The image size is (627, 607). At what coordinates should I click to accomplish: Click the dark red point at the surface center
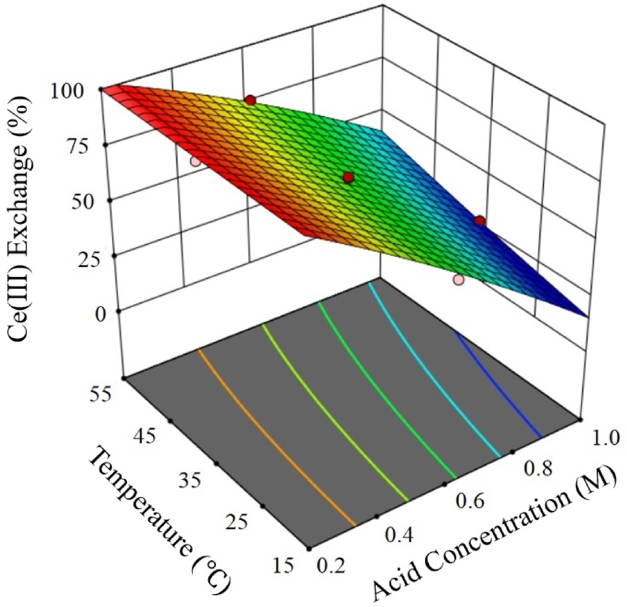tap(348, 178)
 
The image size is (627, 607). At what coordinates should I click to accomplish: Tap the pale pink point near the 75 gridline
tap(196, 160)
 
